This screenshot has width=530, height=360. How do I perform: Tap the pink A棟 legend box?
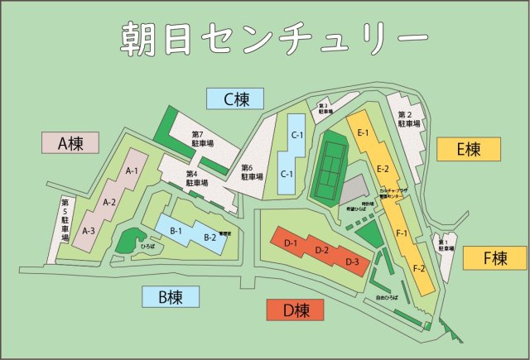tap(70, 142)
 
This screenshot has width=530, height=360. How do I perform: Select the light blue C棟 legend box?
tap(235, 99)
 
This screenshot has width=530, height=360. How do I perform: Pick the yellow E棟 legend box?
tap(469, 149)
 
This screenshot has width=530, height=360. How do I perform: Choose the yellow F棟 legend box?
tap(494, 258)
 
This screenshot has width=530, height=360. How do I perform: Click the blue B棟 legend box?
tap(169, 296)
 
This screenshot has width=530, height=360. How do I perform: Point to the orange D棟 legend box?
tap(295, 310)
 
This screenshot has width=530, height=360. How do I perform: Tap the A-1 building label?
tap(131, 170)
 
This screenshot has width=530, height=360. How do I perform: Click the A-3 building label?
tap(88, 231)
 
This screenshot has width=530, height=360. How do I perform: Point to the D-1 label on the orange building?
tap(290, 242)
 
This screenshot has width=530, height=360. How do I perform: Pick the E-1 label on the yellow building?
tap(362, 133)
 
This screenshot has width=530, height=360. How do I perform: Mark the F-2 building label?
tap(419, 269)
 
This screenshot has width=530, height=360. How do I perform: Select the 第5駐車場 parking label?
tap(65, 220)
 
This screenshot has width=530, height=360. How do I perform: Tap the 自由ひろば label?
tap(387, 296)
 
